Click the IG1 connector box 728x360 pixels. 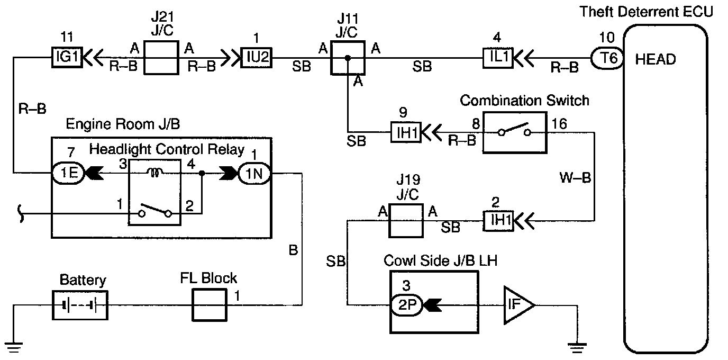coord(67,57)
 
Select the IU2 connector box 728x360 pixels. coord(257,58)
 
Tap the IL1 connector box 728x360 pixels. coord(498,58)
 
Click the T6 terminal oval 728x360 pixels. coord(607,59)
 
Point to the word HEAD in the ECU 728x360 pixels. coord(655,59)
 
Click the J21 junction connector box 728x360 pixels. coord(161,58)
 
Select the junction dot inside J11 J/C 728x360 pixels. coord(348,58)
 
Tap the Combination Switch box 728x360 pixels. coord(515,132)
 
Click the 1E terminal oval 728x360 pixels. coord(68,173)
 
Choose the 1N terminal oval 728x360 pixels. coord(254,174)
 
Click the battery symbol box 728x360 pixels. coord(80,305)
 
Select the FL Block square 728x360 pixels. coord(210,305)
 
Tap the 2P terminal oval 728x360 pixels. coord(406,305)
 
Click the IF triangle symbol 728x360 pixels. coord(518,305)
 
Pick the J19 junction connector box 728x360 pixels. coord(406,221)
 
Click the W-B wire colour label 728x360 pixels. coord(575,178)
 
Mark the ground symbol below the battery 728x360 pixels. coord(13,347)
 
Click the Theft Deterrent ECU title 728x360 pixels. coord(646,12)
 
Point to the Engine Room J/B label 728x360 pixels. coord(123,124)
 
